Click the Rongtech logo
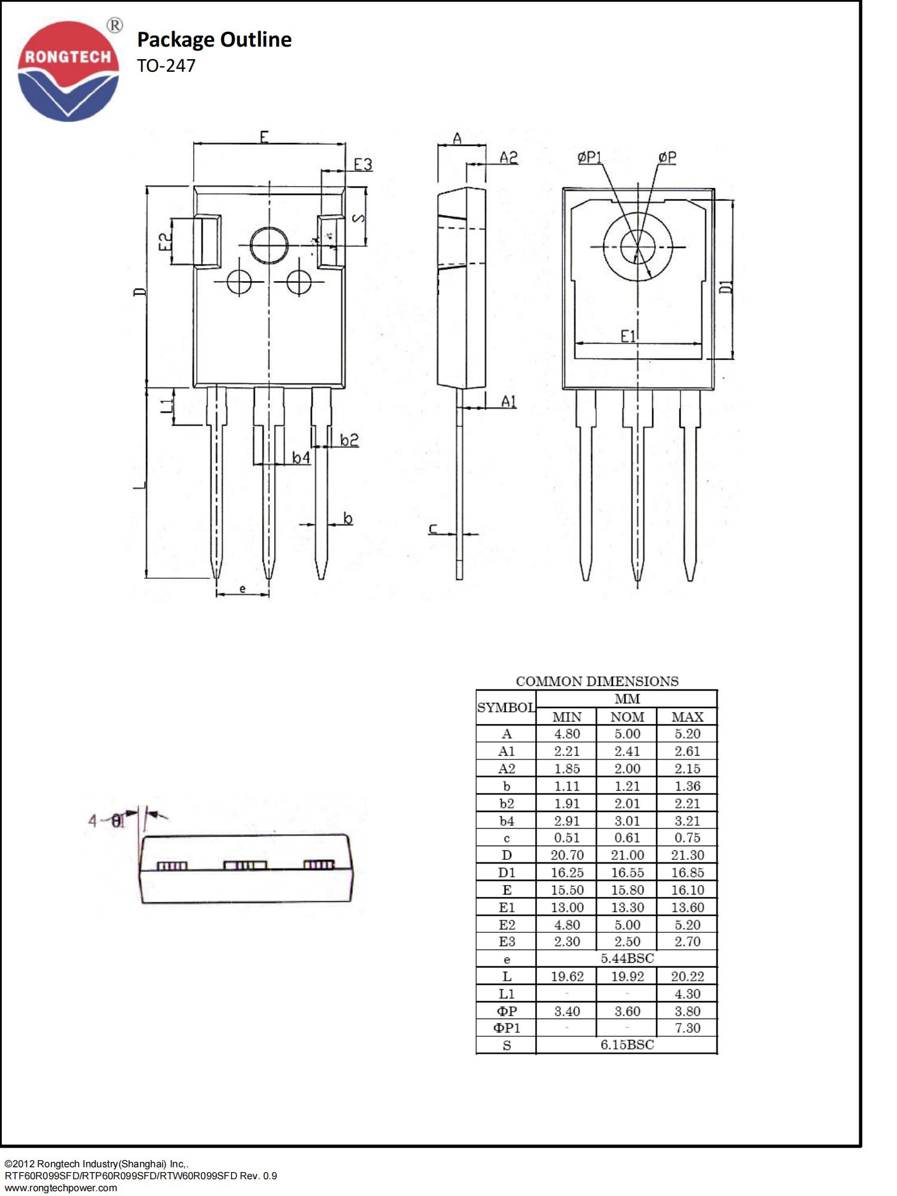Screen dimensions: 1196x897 click(x=68, y=71)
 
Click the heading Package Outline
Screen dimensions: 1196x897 click(x=214, y=39)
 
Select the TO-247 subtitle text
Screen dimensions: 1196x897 click(x=166, y=66)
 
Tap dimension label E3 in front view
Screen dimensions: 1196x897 click(x=362, y=164)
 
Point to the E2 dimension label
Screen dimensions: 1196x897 click(x=165, y=242)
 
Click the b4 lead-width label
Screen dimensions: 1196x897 click(x=301, y=458)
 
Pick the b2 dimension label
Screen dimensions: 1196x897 click(x=349, y=440)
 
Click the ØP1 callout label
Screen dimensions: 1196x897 click(x=590, y=157)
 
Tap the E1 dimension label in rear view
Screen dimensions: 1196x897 click(x=628, y=337)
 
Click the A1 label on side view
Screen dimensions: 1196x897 click(x=508, y=401)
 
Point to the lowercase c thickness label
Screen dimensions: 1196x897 click(x=434, y=529)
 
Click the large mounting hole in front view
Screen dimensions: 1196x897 click(x=269, y=245)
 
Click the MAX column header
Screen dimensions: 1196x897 click(x=687, y=717)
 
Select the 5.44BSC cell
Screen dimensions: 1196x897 click(x=627, y=959)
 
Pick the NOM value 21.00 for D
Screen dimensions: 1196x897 click(x=627, y=855)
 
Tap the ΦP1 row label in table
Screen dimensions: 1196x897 click(x=507, y=1028)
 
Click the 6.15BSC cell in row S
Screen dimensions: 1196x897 click(x=627, y=1045)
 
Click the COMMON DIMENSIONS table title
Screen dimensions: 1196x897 click(x=597, y=682)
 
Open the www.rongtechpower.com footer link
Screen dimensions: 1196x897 click(x=61, y=1188)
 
